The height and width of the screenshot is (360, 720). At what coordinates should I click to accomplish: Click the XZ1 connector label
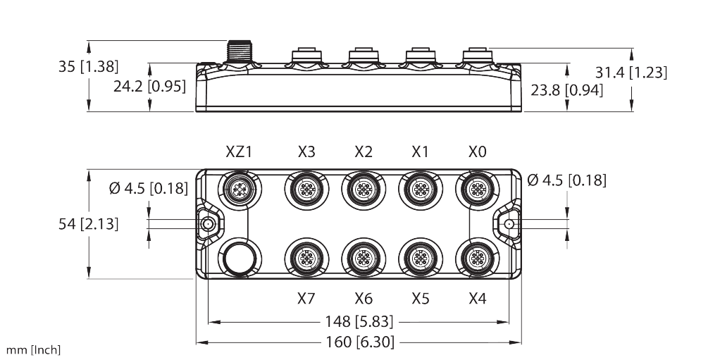239,151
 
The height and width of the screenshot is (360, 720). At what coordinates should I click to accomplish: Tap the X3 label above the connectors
306,151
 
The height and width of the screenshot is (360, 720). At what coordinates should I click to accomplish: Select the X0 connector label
477,151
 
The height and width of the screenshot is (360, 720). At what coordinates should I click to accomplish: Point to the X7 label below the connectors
306,299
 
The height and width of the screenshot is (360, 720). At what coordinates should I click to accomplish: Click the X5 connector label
420,299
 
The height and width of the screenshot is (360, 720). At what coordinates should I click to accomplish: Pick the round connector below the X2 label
363,189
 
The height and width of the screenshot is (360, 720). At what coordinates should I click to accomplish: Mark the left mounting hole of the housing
209,224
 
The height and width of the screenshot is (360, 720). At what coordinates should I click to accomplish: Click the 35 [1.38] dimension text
88,67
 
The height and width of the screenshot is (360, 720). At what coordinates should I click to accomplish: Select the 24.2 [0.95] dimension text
149,86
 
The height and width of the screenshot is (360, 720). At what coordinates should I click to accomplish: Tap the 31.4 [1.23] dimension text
631,72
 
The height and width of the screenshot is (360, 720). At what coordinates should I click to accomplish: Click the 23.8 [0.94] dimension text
567,90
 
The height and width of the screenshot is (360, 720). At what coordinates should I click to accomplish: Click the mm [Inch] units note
32,350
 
